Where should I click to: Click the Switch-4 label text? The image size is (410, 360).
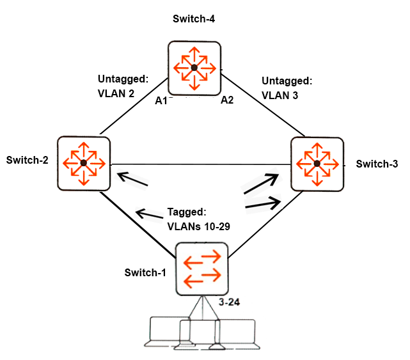pyautogui.click(x=194, y=19)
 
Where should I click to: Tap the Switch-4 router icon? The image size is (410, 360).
pyautogui.click(x=194, y=68)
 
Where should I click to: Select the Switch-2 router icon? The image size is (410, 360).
pyautogui.click(x=84, y=163)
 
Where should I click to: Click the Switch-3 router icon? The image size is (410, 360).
pyautogui.click(x=317, y=164)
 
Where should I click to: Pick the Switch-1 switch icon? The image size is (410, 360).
pyautogui.click(x=202, y=269)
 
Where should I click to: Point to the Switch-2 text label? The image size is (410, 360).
pyautogui.click(x=28, y=160)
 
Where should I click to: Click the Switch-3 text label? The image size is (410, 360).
pyautogui.click(x=377, y=164)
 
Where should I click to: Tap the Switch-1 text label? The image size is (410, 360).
pyautogui.click(x=145, y=272)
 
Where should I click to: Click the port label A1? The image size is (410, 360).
pyautogui.click(x=161, y=100)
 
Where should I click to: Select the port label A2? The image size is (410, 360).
pyautogui.click(x=227, y=100)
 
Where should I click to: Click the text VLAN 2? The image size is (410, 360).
pyautogui.click(x=116, y=93)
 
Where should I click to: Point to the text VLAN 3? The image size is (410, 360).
pyautogui.click(x=280, y=95)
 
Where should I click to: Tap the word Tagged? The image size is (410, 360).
pyautogui.click(x=187, y=212)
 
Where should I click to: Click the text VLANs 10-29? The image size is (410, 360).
pyautogui.click(x=198, y=226)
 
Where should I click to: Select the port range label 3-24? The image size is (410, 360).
pyautogui.click(x=229, y=302)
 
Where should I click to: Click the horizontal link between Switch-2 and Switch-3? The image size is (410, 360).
pyautogui.click(x=201, y=164)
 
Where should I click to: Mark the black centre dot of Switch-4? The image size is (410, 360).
pyautogui.click(x=194, y=68)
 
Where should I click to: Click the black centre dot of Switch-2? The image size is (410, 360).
pyautogui.click(x=84, y=163)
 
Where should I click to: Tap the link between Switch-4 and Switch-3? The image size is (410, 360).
pyautogui.click(x=263, y=106)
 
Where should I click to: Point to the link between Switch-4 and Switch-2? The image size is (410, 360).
pyautogui.click(x=134, y=106)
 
